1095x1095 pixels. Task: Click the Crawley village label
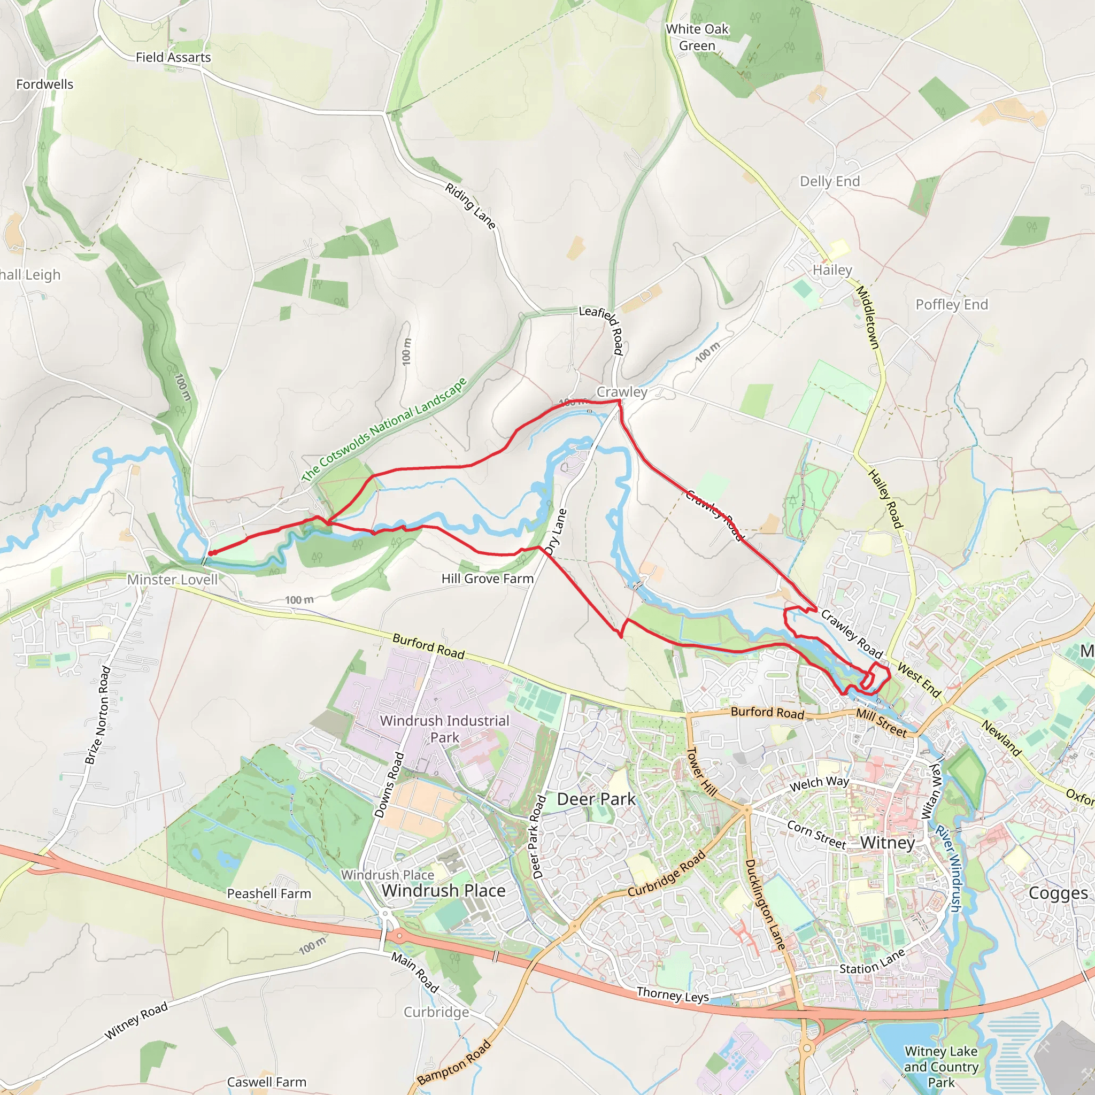[x=622, y=391]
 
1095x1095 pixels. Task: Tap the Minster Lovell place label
[x=172, y=579]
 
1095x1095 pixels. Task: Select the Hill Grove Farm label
[x=488, y=578]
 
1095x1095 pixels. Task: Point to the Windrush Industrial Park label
[x=444, y=728]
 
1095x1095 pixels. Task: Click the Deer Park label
[x=596, y=799]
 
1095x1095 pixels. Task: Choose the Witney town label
[x=888, y=842]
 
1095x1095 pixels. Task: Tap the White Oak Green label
[x=697, y=37]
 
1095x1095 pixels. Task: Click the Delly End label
[x=830, y=181]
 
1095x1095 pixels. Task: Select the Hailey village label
[x=832, y=270]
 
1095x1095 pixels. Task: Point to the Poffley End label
[x=952, y=304]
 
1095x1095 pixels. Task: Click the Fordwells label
[x=45, y=84]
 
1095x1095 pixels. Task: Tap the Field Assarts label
[x=173, y=57]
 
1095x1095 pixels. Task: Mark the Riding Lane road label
[x=471, y=206]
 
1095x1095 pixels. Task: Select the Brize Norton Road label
[x=97, y=715]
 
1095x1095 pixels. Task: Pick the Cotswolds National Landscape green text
[x=384, y=430]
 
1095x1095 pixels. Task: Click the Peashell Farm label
[x=268, y=893]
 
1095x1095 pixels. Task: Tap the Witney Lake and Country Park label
[x=941, y=1066]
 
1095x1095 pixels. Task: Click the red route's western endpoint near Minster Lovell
[x=210, y=553]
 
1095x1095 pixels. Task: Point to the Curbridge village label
[x=436, y=1012]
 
